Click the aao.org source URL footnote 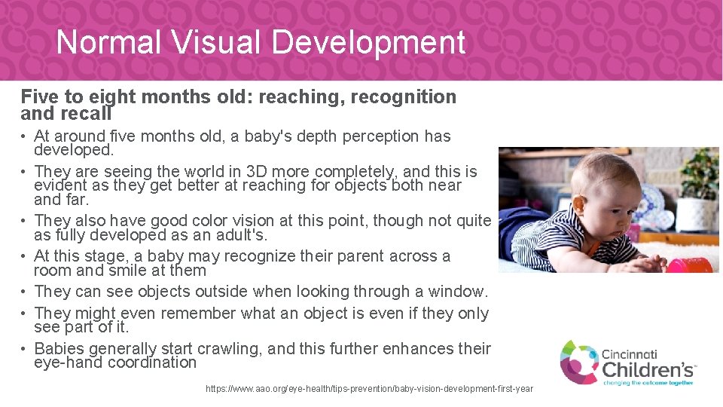click(x=369, y=389)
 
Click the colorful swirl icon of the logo click(x=578, y=362)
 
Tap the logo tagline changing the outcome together click(x=648, y=384)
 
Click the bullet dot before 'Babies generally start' click(x=25, y=349)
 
